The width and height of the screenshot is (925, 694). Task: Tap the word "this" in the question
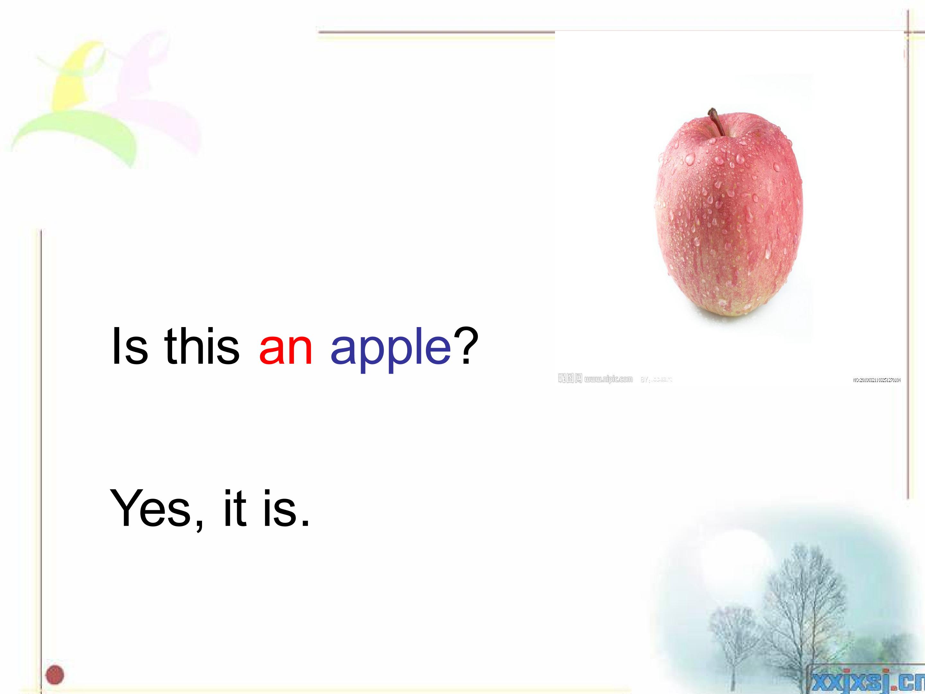pyautogui.click(x=202, y=346)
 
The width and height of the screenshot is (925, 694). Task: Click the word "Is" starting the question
pyautogui.click(x=130, y=346)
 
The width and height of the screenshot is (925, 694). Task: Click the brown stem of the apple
pyautogui.click(x=716, y=121)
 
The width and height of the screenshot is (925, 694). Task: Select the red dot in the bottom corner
pyautogui.click(x=55, y=674)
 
